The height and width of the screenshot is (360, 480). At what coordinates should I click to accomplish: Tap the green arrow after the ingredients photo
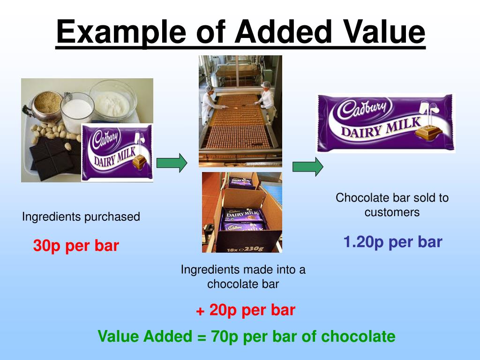[x=172, y=163]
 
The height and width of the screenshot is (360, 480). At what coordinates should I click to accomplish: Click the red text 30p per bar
[x=76, y=246]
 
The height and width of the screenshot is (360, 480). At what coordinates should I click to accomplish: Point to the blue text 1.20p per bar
[x=393, y=242]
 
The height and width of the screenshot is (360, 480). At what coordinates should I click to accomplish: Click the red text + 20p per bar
[x=245, y=310]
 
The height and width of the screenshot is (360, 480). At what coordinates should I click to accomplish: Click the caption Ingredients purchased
[x=81, y=217]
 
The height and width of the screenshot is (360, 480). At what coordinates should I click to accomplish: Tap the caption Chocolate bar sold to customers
[x=392, y=205]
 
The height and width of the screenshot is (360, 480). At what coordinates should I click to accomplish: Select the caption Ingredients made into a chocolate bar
[x=243, y=277]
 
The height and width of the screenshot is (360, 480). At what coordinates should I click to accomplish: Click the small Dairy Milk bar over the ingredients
[x=117, y=152]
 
